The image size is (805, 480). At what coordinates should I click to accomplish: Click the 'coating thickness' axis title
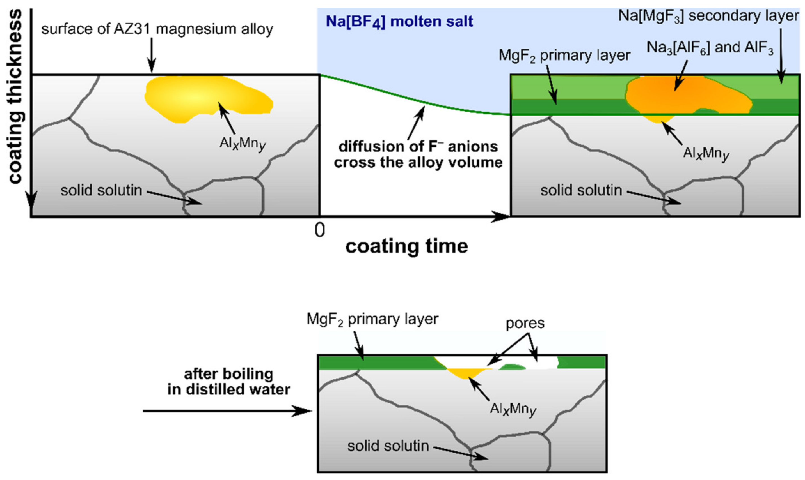click(x=15, y=97)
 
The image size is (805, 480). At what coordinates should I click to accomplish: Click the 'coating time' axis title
click(x=407, y=246)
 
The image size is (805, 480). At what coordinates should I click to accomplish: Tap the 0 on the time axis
click(x=319, y=230)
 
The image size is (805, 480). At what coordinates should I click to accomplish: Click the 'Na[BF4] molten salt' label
click(x=399, y=22)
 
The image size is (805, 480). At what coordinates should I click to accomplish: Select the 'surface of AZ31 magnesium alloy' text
click(x=157, y=29)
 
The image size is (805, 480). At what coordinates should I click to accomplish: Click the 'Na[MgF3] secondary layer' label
click(x=708, y=15)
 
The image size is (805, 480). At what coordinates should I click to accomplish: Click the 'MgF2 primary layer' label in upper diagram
click(x=564, y=55)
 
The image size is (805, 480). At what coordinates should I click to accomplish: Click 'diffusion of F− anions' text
click(x=418, y=147)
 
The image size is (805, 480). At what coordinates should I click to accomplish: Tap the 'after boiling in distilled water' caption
click(x=228, y=382)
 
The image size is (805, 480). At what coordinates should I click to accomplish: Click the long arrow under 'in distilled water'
click(x=227, y=411)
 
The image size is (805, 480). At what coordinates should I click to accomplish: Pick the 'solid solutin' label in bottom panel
click(x=388, y=446)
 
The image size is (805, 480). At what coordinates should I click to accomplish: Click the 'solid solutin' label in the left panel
click(x=101, y=190)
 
